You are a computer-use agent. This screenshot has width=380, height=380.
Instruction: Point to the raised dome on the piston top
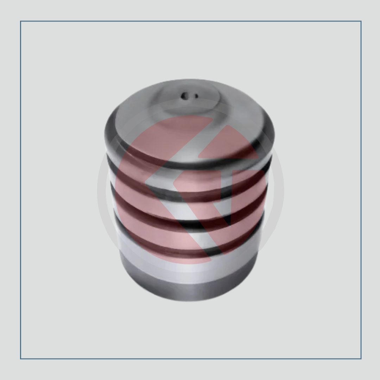click(192, 100)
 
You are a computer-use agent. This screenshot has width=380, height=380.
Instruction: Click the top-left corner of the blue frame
click(21, 21)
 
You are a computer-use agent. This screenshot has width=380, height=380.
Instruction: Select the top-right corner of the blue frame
click(361, 21)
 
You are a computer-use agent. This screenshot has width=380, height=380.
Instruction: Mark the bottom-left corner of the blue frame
click(21, 359)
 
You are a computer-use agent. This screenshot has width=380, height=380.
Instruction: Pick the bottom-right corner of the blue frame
click(361, 359)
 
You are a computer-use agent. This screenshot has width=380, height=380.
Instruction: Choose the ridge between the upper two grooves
click(190, 183)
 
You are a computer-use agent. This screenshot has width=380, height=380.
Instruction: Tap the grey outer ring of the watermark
click(102, 190)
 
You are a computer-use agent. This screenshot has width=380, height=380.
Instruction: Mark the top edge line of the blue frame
click(190, 21)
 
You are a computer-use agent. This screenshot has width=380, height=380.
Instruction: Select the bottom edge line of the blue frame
click(190, 359)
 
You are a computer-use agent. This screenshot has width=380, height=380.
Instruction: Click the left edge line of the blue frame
click(21, 190)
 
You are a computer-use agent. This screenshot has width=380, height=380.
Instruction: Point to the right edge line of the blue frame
click(361, 190)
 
